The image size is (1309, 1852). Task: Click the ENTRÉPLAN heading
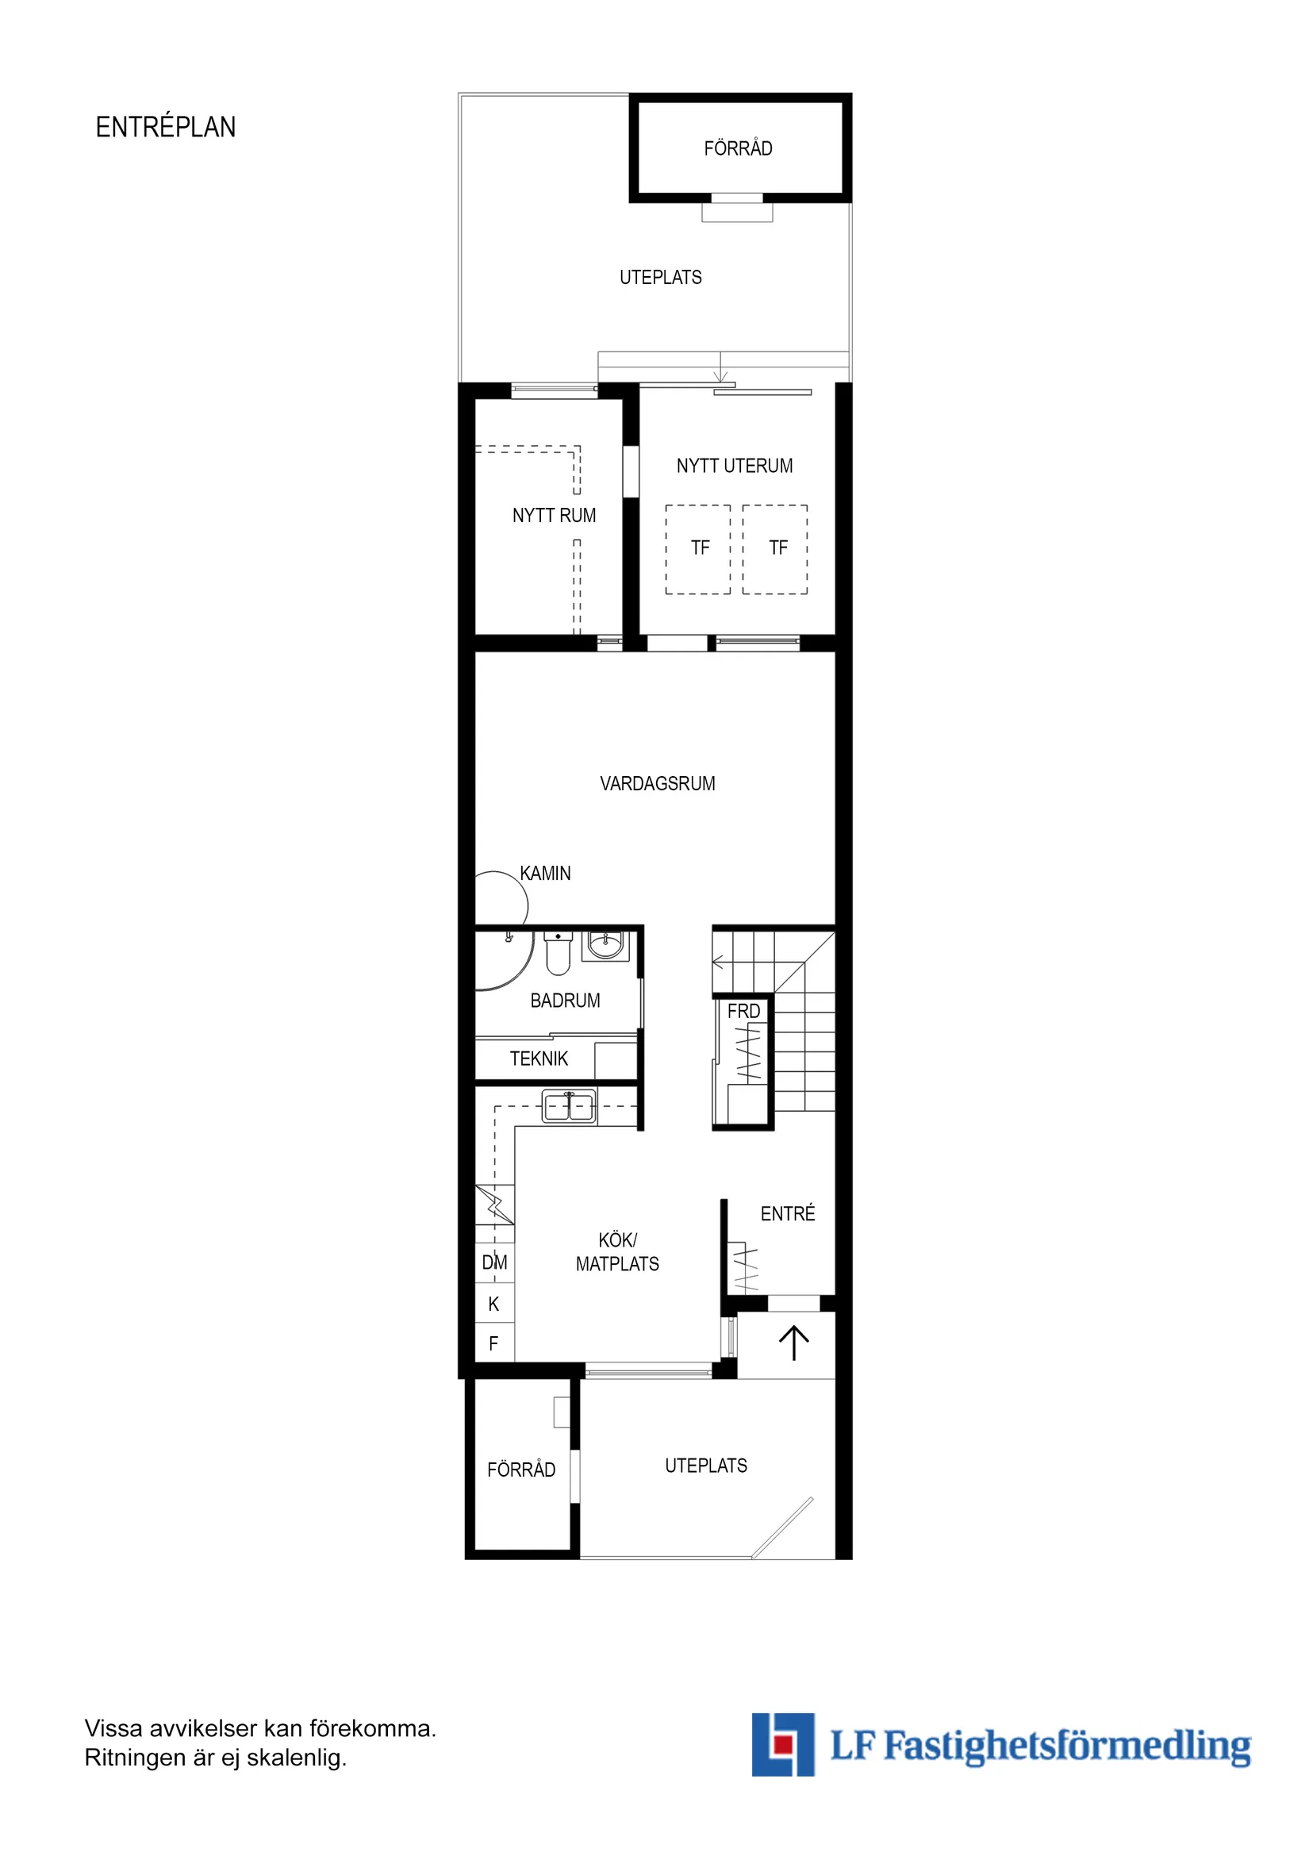[165, 128]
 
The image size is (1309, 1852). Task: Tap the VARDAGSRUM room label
[658, 783]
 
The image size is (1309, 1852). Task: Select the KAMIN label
[545, 873]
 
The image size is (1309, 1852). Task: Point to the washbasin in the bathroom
[605, 943]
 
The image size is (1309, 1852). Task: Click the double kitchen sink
[569, 1107]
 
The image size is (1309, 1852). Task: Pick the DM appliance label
[494, 1262]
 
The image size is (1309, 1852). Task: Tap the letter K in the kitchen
[493, 1304]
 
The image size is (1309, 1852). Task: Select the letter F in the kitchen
[493, 1343]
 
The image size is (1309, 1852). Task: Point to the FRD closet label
[743, 1011]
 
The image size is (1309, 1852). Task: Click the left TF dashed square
[698, 549]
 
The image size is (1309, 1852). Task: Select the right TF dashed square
[775, 549]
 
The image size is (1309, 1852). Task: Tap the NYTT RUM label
[554, 516]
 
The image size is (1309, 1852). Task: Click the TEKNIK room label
[539, 1059]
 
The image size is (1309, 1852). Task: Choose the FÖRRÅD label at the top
[738, 148]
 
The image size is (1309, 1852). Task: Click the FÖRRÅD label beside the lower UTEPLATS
[521, 1470]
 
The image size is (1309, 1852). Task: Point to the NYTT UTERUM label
[734, 466]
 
